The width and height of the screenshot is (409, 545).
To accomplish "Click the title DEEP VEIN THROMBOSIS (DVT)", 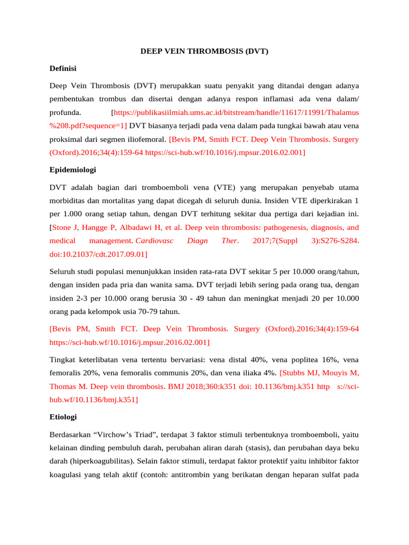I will tap(204, 52).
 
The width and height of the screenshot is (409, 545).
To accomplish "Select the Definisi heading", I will tap(63, 69).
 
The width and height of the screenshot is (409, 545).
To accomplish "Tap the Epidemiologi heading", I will tap(72, 170).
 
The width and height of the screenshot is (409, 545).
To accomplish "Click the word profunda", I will tap(66, 112).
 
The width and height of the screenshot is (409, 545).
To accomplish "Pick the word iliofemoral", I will tap(146, 140).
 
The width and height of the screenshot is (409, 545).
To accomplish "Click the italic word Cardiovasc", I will tap(155, 241).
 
